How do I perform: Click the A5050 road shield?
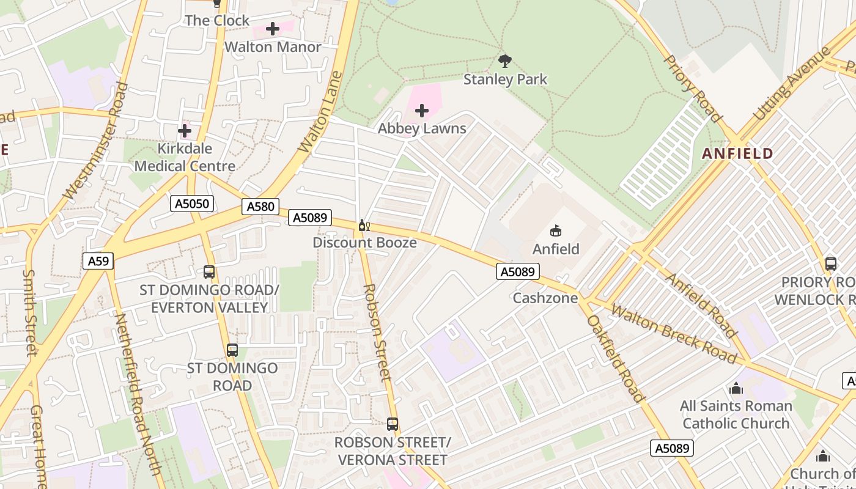point(192,204)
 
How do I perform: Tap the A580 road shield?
point(260,207)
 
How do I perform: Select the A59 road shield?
point(98,262)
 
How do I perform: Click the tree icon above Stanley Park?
point(505,61)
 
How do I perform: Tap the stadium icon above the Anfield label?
point(556,231)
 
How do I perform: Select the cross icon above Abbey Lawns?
point(422,111)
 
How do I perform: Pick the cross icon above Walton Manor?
point(273,29)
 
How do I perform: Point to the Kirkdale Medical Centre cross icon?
point(185,131)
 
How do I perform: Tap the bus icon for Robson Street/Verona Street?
point(393,424)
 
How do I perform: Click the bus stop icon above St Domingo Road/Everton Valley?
point(209,272)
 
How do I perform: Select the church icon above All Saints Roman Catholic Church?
point(736,388)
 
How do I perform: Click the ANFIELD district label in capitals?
point(737,153)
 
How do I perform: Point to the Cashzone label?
point(545,298)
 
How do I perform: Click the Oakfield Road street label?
point(615,358)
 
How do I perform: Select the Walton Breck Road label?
point(673,334)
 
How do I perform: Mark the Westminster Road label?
point(97,142)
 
